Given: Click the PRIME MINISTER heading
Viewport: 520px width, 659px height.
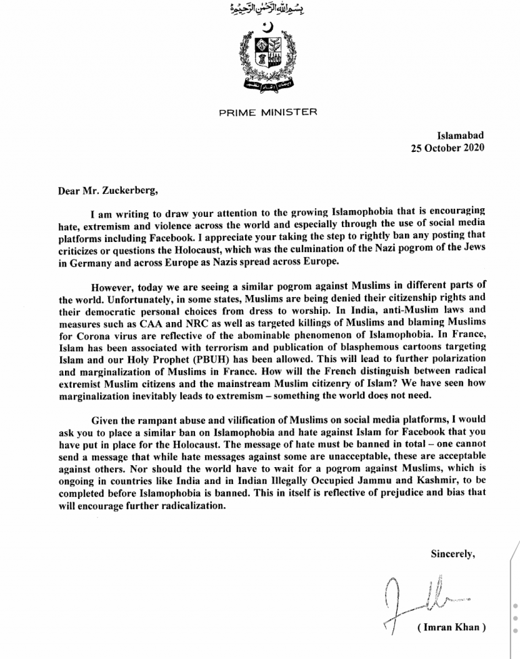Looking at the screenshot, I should click(x=267, y=113).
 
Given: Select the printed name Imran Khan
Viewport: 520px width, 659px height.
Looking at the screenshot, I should click(x=452, y=628).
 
